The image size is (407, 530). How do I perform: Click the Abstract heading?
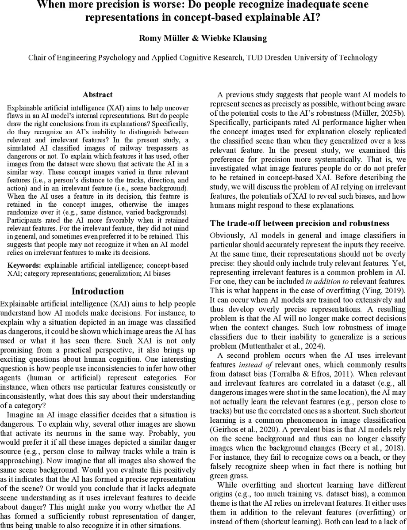97,95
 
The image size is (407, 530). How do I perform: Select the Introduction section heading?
97,291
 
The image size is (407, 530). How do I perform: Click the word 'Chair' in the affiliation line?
38,57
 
